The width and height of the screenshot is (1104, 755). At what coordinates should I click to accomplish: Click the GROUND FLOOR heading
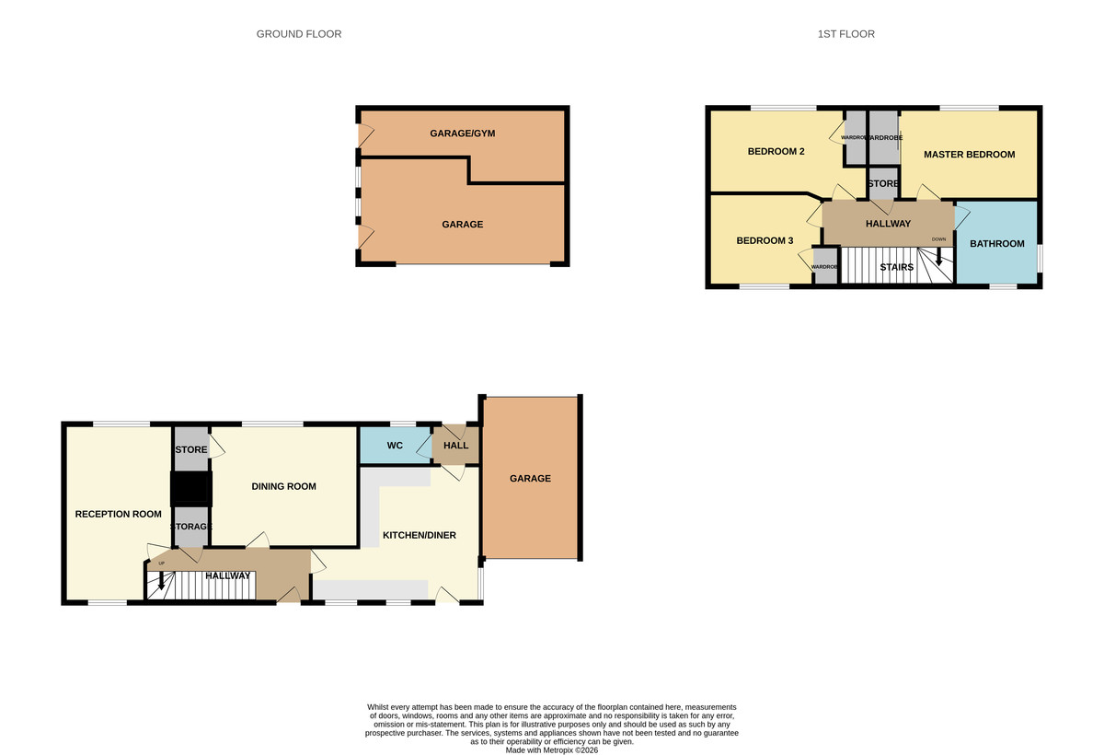[x=298, y=34]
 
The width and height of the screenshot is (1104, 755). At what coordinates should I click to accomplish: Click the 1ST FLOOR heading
[x=845, y=34]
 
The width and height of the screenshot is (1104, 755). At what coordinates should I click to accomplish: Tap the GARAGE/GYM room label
[x=462, y=134]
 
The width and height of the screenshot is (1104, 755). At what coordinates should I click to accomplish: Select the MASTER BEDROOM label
[x=969, y=155]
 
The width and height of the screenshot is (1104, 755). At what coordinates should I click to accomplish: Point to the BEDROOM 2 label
[x=776, y=152]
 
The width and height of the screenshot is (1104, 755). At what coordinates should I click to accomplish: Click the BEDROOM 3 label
[x=765, y=241]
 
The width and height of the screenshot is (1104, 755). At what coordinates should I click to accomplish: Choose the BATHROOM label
[x=996, y=244]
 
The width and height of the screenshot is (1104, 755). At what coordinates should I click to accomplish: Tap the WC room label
[x=395, y=446]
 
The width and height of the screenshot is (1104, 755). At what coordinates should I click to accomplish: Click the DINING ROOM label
[x=283, y=486]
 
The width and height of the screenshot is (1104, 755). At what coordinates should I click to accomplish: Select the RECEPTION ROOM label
[x=118, y=514]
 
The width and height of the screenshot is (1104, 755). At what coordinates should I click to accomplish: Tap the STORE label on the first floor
[x=882, y=184]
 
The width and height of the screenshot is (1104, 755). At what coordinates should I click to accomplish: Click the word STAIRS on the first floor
[x=896, y=268]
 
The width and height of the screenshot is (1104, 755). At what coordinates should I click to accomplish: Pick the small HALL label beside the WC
[x=455, y=446]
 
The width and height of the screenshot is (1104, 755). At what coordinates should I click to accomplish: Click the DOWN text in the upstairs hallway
[x=938, y=239]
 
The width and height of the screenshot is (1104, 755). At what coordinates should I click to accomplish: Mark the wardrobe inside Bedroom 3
[x=824, y=267]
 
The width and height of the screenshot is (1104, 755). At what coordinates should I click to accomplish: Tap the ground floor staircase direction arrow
[x=161, y=581]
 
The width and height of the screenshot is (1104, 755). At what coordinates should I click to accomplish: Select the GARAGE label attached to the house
[x=530, y=478]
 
